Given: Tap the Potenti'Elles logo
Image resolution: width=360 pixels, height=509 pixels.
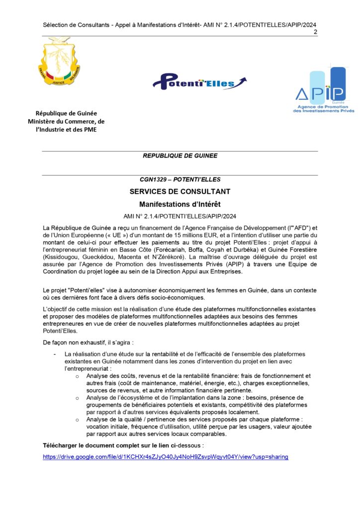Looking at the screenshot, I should point(199,81).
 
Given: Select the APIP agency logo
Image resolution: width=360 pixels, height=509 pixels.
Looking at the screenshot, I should point(323,89).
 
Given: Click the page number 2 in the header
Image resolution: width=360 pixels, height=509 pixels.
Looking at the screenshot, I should point(315,32).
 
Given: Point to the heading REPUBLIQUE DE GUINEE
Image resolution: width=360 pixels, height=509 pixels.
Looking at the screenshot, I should point(180,156).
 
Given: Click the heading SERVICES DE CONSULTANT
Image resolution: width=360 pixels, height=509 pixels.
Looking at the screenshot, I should point(180,191).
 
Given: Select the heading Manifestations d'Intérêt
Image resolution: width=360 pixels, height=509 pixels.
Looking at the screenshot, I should point(180,204).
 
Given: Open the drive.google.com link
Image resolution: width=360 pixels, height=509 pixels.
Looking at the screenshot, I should point(166,456).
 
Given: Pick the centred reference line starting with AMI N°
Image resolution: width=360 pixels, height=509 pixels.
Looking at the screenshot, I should point(180,216).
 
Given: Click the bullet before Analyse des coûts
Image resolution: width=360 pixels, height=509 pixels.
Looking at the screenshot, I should point(77,376).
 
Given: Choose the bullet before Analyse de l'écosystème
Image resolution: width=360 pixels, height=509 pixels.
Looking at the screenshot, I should point(77,398).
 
